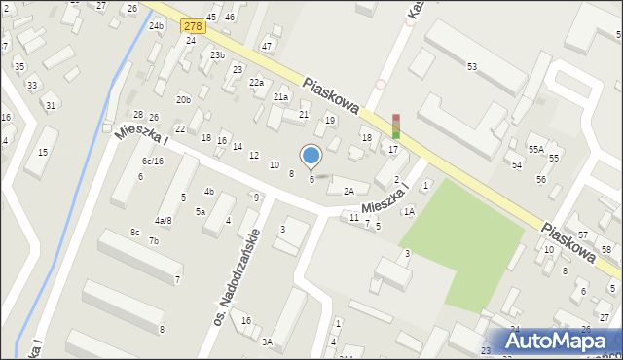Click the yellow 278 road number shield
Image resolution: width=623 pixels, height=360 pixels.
tap(192, 27)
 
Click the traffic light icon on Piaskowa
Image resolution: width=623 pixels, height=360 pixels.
tap(395, 126)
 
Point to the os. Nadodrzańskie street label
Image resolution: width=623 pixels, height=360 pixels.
tap(237, 276)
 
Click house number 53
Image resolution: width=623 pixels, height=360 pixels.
tap(472, 66)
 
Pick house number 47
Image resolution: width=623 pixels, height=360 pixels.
tap(267, 46)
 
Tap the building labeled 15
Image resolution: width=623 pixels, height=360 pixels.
tap(42, 153)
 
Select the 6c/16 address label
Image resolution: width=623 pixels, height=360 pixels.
tap(152, 162)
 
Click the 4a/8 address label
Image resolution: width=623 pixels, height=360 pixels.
tap(163, 221)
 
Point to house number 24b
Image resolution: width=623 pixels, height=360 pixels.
tap(156, 26)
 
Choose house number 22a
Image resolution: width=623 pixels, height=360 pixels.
tap(256, 83)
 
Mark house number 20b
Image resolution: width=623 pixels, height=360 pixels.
tap(183, 100)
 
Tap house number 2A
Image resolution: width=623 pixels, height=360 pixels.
tap(348, 191)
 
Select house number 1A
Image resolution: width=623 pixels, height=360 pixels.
tap(410, 211)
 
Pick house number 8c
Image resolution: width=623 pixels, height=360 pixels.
tap(134, 232)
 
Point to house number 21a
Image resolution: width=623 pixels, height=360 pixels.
tap(281, 97)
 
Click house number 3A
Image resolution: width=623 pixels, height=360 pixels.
tap(267, 342)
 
